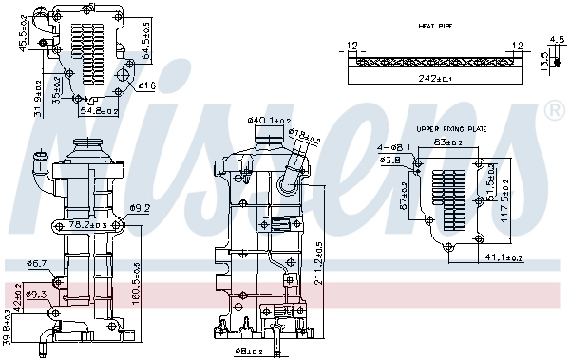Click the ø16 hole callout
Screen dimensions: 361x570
(x=146, y=86)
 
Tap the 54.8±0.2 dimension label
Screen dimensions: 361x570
(x=98, y=111)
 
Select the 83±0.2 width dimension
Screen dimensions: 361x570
(x=448, y=142)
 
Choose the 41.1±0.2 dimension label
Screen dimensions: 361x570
(x=504, y=257)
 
